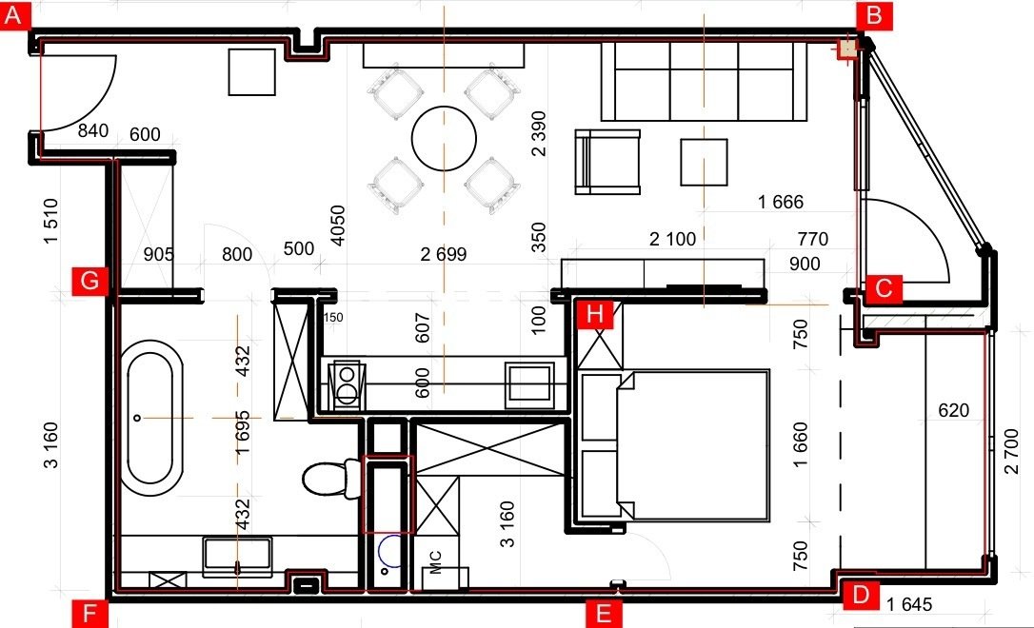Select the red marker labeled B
coord(874,14)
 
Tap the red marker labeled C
coord(884,288)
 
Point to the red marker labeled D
coord(861,595)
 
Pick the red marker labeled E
coord(604,614)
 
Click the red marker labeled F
coord(89,614)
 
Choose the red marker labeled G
coord(89,281)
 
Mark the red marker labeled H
coord(595,314)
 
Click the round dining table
coord(444,139)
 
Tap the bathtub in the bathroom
coord(155,419)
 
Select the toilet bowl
coord(324,479)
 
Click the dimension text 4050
coord(337,226)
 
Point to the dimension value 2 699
coord(443,254)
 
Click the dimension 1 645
coord(909,604)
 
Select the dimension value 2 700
coord(1011,451)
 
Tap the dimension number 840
coord(93,130)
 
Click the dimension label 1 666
coord(781,202)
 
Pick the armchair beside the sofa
coord(607,162)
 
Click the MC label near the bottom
coord(435,562)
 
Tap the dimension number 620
coord(954,410)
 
